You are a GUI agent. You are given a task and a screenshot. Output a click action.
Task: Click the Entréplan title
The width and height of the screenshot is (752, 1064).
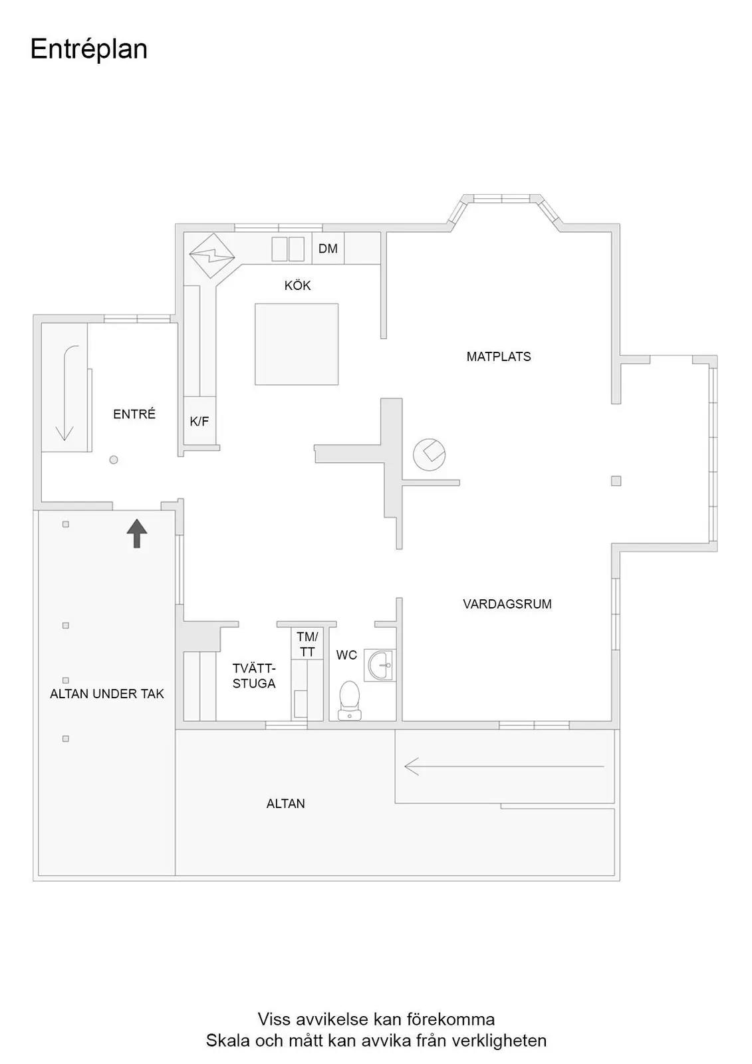coord(89,50)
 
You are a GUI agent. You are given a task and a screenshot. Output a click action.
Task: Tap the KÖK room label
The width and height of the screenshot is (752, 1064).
coord(297,285)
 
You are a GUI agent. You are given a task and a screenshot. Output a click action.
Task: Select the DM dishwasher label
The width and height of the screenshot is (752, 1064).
coord(328,249)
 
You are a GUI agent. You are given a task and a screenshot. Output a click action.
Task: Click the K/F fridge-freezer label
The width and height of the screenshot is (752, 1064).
coord(199,421)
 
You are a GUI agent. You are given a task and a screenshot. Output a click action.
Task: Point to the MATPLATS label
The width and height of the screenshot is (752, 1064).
coord(498,356)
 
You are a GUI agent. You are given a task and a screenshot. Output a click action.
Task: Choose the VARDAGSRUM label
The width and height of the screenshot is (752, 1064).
coord(507,604)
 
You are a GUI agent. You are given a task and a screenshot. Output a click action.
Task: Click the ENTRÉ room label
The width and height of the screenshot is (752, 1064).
coord(134,414)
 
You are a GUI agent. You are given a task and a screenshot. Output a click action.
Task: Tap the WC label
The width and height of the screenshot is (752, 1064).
coord(346,655)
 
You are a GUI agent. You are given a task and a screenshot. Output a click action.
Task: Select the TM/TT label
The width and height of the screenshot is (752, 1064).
coord(307,644)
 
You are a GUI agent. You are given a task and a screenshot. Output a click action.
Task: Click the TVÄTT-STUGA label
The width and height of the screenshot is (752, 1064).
coord(254,676)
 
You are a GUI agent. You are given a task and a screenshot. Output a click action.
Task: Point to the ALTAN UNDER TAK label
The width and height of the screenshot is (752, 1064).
coord(107,694)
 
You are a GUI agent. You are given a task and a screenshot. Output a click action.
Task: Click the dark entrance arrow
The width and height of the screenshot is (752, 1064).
coord(137,533)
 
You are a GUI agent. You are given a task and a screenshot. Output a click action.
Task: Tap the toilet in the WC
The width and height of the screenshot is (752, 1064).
coord(349,700)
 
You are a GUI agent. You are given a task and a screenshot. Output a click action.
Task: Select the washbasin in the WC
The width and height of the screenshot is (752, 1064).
coord(380,666)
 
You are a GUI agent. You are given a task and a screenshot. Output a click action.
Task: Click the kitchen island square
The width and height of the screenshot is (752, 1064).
coord(297,344)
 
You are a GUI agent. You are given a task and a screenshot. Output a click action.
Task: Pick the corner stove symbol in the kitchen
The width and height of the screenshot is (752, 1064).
coord(212,255)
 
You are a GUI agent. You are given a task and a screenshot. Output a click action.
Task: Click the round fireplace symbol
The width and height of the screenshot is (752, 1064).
coord(429,455)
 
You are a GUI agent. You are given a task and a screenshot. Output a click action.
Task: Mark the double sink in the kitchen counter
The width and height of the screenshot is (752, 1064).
coord(288,249)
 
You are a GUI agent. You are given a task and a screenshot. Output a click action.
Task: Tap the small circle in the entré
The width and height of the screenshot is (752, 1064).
coord(114,460)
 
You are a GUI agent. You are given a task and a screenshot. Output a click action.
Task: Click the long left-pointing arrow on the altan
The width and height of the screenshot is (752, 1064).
coord(504,766)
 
